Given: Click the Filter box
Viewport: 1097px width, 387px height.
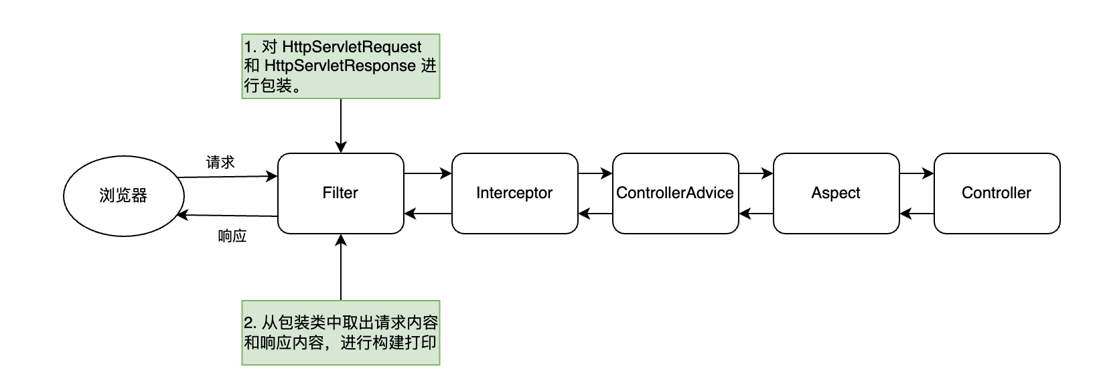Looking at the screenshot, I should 340,193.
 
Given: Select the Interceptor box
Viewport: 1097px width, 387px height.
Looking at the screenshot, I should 514,193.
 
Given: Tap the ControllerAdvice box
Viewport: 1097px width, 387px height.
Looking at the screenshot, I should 675,193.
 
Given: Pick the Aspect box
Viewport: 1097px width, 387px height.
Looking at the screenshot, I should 836,193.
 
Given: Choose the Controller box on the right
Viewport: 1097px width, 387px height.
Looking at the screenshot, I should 997,193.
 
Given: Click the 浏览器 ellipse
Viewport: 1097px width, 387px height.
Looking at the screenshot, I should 123,196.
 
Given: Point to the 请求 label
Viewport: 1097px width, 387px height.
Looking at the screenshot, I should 220,163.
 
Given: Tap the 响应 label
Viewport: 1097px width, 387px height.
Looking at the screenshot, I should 232,236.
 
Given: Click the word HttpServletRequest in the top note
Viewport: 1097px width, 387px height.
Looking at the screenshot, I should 352,47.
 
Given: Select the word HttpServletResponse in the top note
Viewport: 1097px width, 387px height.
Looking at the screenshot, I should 340,66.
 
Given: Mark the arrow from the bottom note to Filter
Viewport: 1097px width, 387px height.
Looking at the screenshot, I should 341,268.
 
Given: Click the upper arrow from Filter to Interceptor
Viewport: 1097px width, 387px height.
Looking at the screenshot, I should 428,173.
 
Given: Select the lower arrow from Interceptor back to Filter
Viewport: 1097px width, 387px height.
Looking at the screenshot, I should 428,214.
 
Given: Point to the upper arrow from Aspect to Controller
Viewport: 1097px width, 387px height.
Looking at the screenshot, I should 916,173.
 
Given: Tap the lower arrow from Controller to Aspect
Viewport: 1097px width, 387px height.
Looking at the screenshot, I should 916,214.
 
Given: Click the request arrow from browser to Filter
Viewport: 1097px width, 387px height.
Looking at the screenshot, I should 228,177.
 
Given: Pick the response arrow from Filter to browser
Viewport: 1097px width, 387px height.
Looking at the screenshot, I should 228,216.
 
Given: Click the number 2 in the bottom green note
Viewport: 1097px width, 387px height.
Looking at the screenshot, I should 248,323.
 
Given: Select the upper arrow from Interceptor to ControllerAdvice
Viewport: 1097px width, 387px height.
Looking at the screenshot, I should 595,173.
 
